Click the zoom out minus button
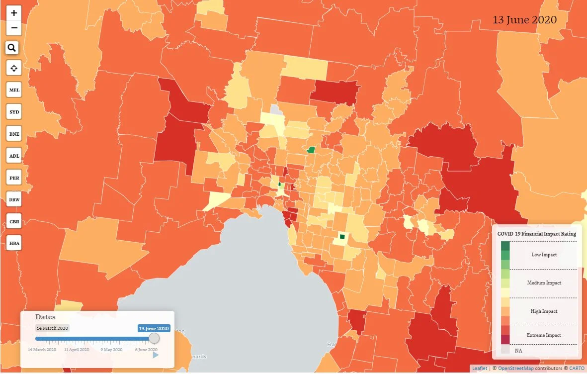tap(14, 28)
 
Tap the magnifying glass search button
tap(12, 48)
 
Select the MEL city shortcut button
tap(14, 91)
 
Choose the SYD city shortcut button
tap(14, 112)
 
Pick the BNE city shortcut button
tap(14, 134)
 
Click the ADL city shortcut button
tap(14, 156)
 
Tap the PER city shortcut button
tap(14, 178)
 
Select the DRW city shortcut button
tap(14, 199)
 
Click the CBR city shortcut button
tap(14, 221)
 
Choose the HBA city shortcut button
tap(14, 243)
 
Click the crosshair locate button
tap(14, 68)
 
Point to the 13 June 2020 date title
tap(524, 20)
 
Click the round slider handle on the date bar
tap(154, 338)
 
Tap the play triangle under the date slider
tap(156, 355)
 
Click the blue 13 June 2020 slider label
tap(154, 328)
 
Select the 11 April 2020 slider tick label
tap(77, 350)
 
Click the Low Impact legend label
tap(544, 255)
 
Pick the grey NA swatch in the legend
tap(505, 350)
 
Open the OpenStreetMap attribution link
tap(515, 369)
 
